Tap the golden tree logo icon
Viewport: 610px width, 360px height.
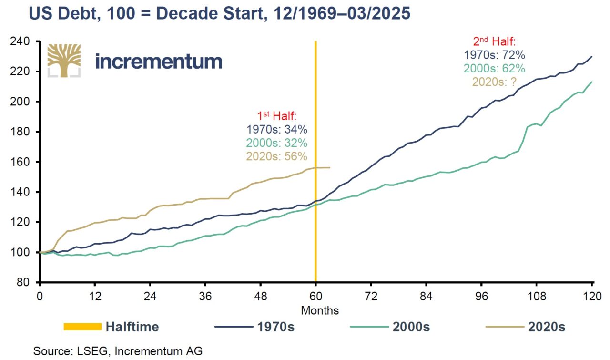(x=64, y=61)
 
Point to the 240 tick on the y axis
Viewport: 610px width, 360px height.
(x=20, y=41)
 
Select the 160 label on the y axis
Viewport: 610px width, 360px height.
(x=20, y=162)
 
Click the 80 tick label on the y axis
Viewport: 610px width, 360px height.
(x=23, y=282)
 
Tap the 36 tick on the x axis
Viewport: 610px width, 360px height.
(x=205, y=296)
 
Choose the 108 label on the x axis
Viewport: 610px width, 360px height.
(x=537, y=296)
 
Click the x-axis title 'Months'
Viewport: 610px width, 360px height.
(x=320, y=310)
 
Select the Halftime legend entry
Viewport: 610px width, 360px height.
(x=111, y=327)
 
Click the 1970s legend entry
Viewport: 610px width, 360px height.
(x=254, y=327)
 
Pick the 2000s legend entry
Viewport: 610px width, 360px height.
(x=390, y=327)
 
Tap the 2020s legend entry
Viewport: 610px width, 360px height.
(x=526, y=327)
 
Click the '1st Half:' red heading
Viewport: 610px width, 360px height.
(x=277, y=116)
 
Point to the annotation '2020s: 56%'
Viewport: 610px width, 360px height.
(x=277, y=156)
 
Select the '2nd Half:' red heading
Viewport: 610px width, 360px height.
(x=494, y=41)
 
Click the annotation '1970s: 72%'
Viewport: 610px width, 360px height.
(x=494, y=55)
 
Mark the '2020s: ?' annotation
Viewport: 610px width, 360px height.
(x=494, y=82)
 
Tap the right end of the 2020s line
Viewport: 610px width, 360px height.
(x=330, y=167)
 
